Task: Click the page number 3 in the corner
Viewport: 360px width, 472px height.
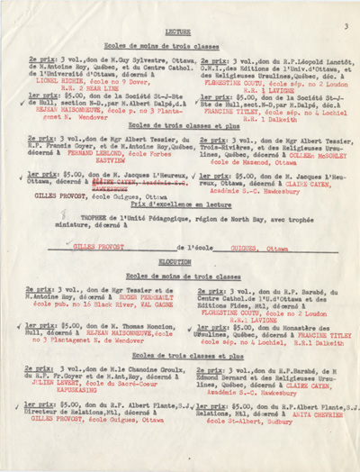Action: pos(345,28)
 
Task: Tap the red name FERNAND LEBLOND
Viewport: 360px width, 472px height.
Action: pos(98,154)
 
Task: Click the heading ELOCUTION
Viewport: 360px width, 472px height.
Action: pos(178,257)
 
